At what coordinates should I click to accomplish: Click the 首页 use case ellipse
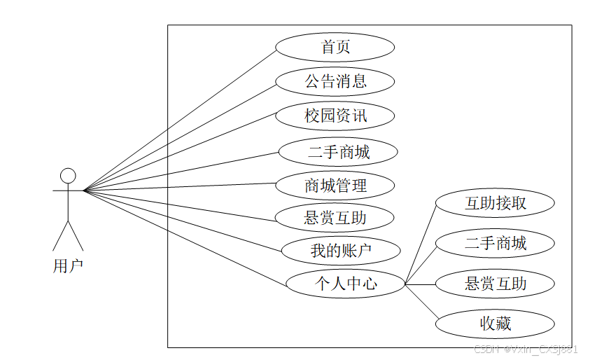335,48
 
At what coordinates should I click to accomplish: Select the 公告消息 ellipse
335,81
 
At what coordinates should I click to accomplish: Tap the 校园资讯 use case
335,116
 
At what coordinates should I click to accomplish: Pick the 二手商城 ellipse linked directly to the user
338,151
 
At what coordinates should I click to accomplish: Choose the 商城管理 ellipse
335,186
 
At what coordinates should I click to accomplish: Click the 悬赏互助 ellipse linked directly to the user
335,218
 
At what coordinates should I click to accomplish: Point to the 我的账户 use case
341,250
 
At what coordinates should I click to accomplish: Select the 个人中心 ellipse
346,284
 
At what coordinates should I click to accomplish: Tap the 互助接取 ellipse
495,204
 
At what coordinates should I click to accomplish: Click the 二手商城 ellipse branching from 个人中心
495,243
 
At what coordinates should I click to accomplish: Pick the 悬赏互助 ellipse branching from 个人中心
495,284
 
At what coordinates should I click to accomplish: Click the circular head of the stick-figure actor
68,175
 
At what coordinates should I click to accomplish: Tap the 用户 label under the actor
68,266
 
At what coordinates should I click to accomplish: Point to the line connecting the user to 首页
180,118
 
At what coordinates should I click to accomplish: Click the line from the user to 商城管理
180,186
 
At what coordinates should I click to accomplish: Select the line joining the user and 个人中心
185,237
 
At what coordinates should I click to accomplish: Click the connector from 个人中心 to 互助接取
420,244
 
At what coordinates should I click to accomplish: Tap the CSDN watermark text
525,349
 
